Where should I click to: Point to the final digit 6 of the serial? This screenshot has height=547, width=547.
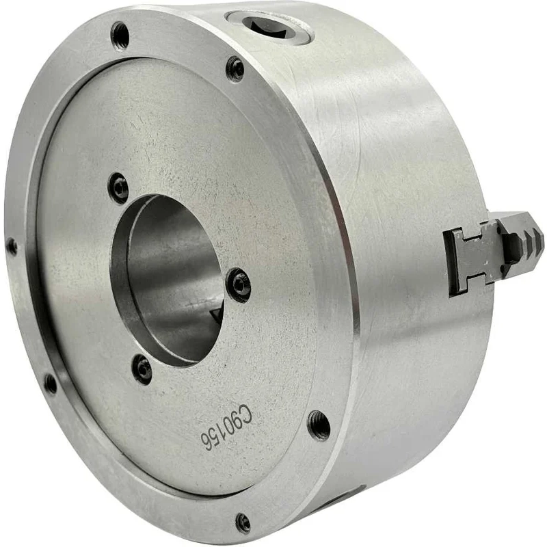pos(206,441)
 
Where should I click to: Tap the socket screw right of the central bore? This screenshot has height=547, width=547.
pos(239,285)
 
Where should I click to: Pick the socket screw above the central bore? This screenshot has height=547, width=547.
pos(118,188)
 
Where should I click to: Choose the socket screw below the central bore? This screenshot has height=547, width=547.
pos(143,369)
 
